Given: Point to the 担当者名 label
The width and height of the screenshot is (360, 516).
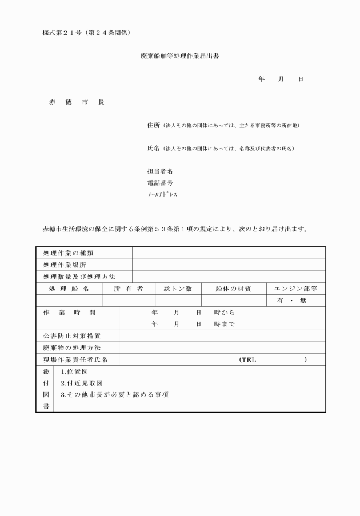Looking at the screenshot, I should coord(160,171).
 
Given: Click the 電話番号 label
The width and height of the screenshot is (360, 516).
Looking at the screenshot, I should coord(160,183).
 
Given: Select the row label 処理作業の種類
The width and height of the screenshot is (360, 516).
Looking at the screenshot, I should coord(69,253).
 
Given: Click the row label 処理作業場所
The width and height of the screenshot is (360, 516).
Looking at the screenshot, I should coord(65,265).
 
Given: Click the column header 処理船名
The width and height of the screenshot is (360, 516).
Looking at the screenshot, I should coord(69,289).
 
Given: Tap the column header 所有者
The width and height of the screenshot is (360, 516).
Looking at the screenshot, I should coord(129,289).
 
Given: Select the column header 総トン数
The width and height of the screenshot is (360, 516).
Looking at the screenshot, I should coord(178,289).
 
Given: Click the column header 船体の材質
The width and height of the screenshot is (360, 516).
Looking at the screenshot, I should coord(233,289).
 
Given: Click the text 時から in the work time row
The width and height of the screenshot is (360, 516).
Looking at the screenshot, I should coord(225,313).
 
